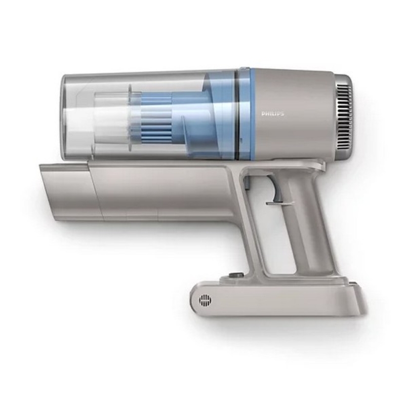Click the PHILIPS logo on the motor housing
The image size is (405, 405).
(273, 113)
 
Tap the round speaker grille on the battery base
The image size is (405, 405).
(205, 300)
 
